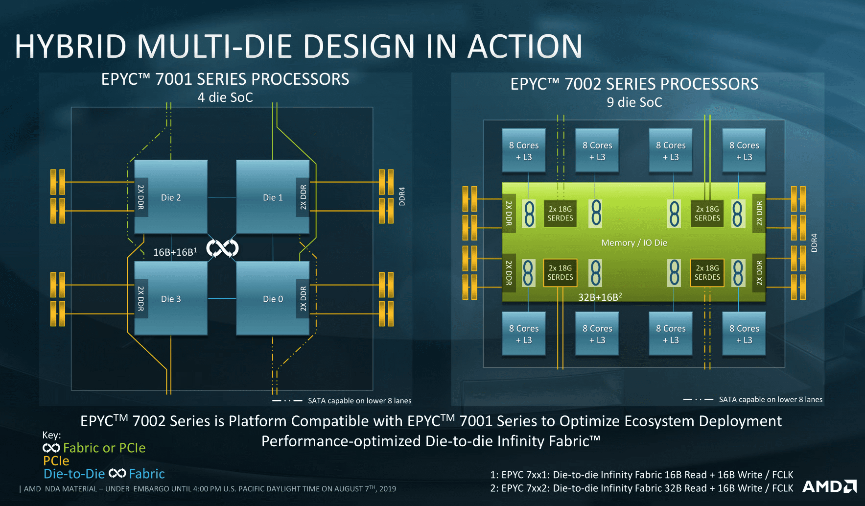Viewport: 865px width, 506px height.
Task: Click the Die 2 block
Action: point(171,197)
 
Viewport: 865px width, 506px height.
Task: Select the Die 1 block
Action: point(273,197)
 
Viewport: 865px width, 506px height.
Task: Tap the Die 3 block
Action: point(171,298)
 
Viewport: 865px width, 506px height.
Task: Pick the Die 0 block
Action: point(273,298)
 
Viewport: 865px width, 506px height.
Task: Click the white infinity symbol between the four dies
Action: point(222,248)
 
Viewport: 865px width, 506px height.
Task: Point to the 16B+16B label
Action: point(175,252)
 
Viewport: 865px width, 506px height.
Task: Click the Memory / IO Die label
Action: point(634,243)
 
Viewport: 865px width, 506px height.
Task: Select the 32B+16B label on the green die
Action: point(600,297)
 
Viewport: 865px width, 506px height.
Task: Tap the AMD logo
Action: point(829,486)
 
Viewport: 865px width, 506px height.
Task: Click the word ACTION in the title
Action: point(525,47)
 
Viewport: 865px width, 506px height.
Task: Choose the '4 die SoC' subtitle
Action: point(225,97)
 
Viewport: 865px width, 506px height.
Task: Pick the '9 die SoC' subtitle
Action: point(634,102)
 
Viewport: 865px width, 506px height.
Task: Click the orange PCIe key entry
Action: point(56,461)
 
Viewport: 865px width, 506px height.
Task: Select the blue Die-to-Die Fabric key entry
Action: point(104,474)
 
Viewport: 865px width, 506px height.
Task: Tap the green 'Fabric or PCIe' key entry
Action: point(94,448)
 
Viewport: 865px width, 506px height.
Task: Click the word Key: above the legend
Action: point(51,435)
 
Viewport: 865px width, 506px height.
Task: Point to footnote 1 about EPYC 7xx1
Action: point(642,475)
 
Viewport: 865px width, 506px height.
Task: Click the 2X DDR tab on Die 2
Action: point(141,197)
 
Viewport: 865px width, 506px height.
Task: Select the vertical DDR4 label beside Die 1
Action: point(402,196)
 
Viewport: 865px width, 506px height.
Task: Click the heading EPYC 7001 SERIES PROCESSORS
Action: point(225,79)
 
